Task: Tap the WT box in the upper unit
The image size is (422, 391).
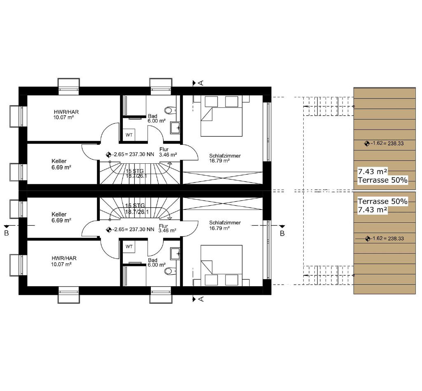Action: coord(129,135)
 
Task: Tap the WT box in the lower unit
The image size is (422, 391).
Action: coord(129,246)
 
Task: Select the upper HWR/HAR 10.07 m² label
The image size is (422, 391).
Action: coord(66,114)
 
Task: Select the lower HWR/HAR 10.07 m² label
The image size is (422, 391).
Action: coord(64,261)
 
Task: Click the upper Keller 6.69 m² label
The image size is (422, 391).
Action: coord(61,164)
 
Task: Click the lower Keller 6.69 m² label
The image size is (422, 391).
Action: coord(61,217)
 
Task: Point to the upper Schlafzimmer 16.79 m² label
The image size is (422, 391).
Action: coord(225,158)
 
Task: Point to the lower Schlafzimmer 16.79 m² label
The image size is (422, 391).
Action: coord(225,225)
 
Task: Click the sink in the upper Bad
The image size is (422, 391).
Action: coord(175,128)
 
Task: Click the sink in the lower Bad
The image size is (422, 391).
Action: coord(175,253)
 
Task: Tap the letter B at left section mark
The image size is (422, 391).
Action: coord(7,233)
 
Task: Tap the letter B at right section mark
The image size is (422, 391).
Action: coord(282,233)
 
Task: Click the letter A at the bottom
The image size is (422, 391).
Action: coord(201,299)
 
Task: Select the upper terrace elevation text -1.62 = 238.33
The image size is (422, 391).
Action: coord(387,143)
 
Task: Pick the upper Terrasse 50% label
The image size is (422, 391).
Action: coord(382,180)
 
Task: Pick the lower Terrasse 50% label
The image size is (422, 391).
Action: coord(382,201)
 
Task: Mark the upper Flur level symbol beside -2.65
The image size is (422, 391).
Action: coord(108,155)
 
